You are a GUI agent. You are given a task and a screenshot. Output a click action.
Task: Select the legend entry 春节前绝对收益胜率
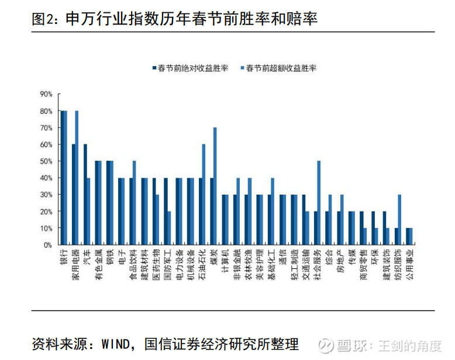pos(192,68)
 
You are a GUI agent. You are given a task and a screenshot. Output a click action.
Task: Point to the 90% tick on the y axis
pos(46,94)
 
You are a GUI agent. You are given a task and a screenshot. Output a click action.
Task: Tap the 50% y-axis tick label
pos(46,161)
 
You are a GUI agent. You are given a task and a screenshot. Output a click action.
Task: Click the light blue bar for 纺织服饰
pos(399,220)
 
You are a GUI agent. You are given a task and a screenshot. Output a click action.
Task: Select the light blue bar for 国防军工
pos(169,228)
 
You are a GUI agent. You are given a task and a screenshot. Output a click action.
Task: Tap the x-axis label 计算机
pos(225,261)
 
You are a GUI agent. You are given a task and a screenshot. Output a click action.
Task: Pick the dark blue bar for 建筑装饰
pos(384,228)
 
